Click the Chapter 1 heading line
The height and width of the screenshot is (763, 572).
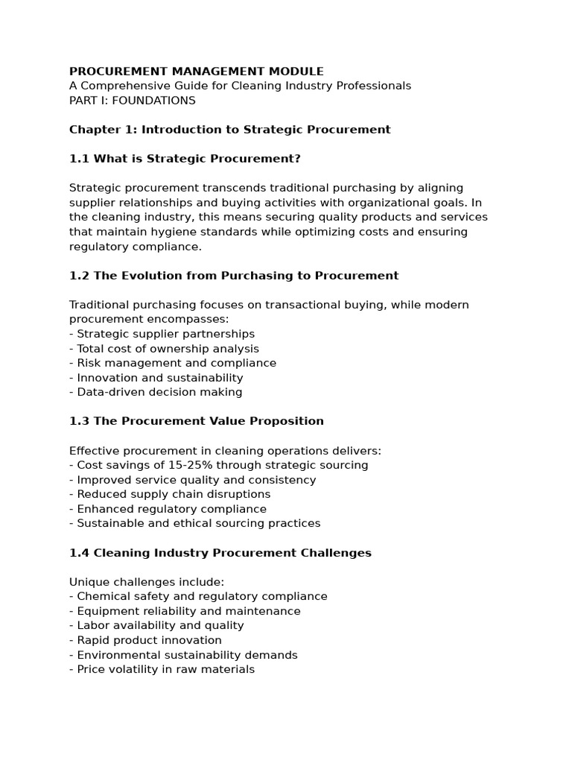click(x=229, y=130)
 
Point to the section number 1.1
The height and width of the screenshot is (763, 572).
click(x=78, y=159)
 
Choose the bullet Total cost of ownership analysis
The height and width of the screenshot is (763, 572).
click(x=168, y=349)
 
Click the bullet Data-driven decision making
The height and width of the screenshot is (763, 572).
click(x=159, y=392)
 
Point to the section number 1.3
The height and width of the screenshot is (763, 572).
click(x=78, y=421)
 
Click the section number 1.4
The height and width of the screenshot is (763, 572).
click(x=78, y=553)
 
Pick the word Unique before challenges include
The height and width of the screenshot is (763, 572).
click(x=87, y=582)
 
